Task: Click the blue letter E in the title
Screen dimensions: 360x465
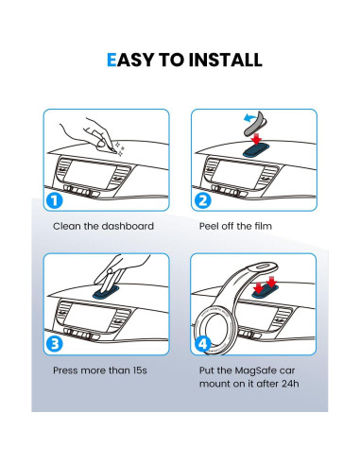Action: (111, 60)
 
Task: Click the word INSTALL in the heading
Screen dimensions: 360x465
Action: (226, 60)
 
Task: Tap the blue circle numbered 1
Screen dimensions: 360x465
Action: (55, 201)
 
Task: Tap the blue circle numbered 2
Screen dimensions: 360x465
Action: (202, 201)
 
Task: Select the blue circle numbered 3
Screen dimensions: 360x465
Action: (55, 344)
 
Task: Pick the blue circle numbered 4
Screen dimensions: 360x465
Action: (202, 344)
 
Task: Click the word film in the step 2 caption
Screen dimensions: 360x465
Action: (263, 226)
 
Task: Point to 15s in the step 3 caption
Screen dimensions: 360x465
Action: (140, 370)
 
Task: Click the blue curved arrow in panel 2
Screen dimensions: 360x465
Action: (251, 118)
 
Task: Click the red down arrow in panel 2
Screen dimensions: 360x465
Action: (257, 139)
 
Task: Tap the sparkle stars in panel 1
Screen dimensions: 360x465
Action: (120, 148)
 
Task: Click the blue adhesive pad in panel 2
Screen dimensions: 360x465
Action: (256, 150)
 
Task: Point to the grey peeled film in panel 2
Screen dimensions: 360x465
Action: (256, 125)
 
